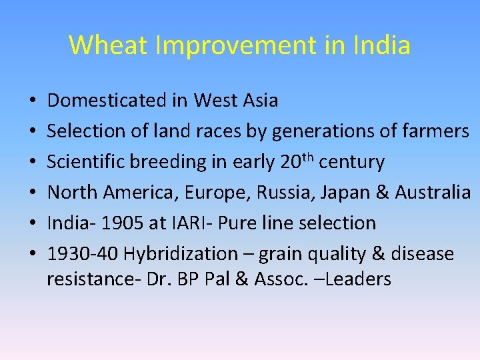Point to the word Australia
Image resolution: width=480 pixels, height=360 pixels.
[x=433, y=193]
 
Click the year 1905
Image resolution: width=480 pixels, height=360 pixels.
[x=121, y=223]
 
